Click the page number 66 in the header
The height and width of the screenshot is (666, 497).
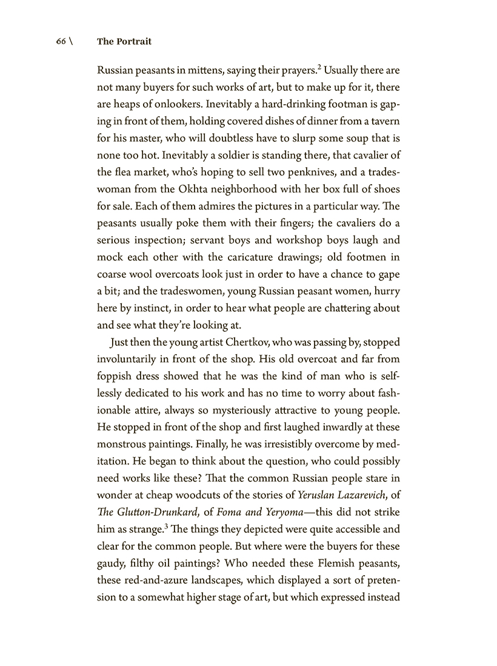click(x=61, y=42)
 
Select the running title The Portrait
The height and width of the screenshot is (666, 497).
click(x=124, y=42)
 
